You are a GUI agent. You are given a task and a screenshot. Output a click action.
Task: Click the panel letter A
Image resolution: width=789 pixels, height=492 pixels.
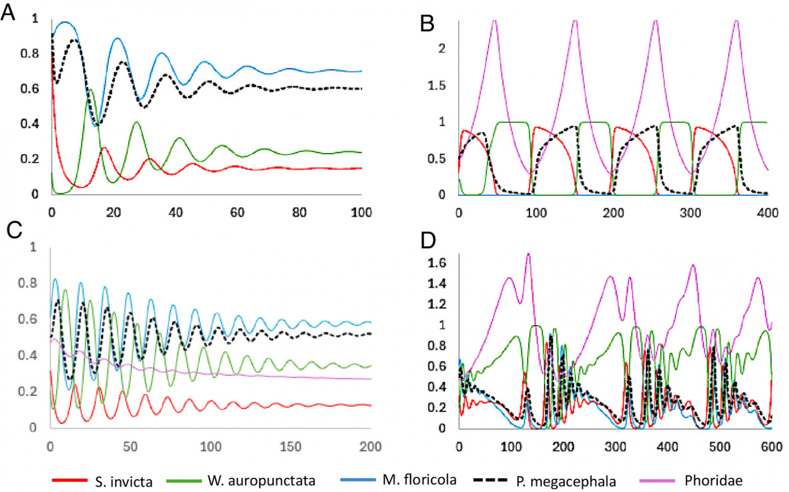(x=8, y=13)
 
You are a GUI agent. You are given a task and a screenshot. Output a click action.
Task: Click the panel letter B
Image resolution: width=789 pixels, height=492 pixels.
(x=427, y=24)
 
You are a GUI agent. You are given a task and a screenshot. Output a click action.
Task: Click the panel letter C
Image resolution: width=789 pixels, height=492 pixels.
(x=14, y=230)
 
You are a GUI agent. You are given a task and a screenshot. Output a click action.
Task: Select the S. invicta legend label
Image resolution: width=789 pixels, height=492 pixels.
(x=123, y=481)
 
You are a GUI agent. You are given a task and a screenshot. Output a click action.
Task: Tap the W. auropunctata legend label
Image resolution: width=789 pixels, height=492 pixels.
(x=261, y=480)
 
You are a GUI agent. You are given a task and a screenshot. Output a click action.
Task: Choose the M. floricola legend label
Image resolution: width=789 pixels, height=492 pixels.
(x=419, y=479)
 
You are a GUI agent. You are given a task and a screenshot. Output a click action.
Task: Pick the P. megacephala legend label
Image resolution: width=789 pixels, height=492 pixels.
(x=566, y=481)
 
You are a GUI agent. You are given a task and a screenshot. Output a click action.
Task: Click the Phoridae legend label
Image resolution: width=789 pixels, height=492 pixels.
(x=713, y=480)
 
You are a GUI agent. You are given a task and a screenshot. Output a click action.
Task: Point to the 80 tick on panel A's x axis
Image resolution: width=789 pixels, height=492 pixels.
(x=299, y=212)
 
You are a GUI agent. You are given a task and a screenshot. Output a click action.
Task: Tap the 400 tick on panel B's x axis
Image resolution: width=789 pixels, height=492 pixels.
(x=767, y=213)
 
